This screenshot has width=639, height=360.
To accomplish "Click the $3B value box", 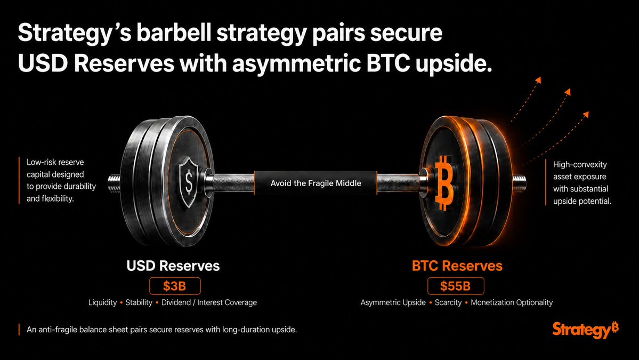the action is coord(175,286).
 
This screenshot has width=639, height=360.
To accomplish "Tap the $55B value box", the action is coord(456,286).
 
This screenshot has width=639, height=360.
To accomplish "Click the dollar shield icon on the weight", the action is coord(189,182).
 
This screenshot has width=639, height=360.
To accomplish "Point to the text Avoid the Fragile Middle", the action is coord(316,183).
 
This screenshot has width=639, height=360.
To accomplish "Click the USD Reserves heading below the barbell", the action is coord(173,266).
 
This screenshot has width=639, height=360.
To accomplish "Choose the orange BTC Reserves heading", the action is coord(457,266).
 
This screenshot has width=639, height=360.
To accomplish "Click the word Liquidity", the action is coord(103,302).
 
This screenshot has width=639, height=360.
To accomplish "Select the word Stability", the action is coord(139,302).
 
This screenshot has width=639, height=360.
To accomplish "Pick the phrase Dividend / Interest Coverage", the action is coord(209,302).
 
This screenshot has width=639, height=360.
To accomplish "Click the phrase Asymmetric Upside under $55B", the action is coord(393,302).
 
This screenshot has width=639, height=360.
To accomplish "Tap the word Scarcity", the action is coord(448,302).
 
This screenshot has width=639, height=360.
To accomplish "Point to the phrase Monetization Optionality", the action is coord(512,302).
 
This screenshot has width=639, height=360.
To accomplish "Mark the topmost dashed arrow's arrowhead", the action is coord(538,79).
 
